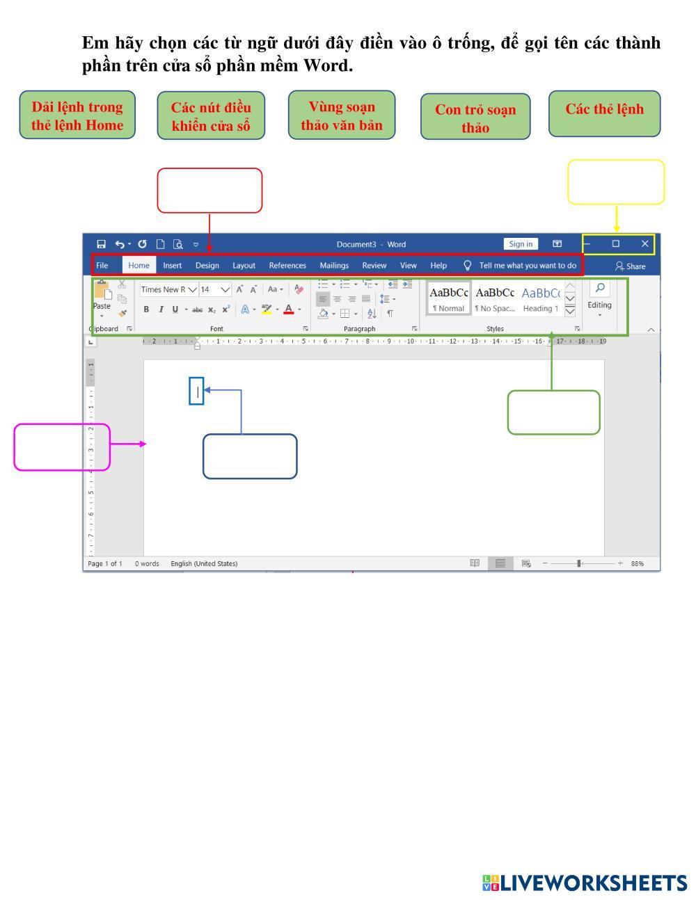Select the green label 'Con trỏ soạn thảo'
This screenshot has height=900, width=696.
click(475, 117)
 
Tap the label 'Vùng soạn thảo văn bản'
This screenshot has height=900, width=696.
click(342, 115)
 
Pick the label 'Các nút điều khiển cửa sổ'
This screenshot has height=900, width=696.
click(211, 115)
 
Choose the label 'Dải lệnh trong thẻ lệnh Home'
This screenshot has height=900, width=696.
click(77, 115)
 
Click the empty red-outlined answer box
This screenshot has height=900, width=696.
click(209, 190)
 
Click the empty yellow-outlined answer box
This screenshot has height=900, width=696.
click(616, 182)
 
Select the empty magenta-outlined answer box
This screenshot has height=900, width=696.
click(62, 447)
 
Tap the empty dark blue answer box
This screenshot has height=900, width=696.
click(250, 456)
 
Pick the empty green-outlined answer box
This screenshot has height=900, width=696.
click(553, 412)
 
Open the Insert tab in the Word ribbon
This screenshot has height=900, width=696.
click(172, 265)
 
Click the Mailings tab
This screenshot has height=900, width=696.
click(334, 265)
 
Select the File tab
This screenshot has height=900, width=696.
click(102, 265)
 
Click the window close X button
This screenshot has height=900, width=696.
click(644, 243)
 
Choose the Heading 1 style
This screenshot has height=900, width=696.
click(541, 299)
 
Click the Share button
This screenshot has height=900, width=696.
click(631, 266)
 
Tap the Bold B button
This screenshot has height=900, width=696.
click(146, 310)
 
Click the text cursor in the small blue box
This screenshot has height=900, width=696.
click(197, 392)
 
